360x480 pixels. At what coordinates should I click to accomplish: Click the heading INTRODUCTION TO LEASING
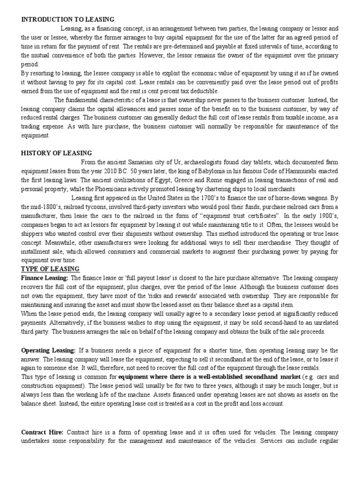pyautogui.click(x=68, y=19)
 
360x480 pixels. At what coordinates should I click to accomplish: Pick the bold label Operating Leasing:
pyautogui.click(x=48, y=351)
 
